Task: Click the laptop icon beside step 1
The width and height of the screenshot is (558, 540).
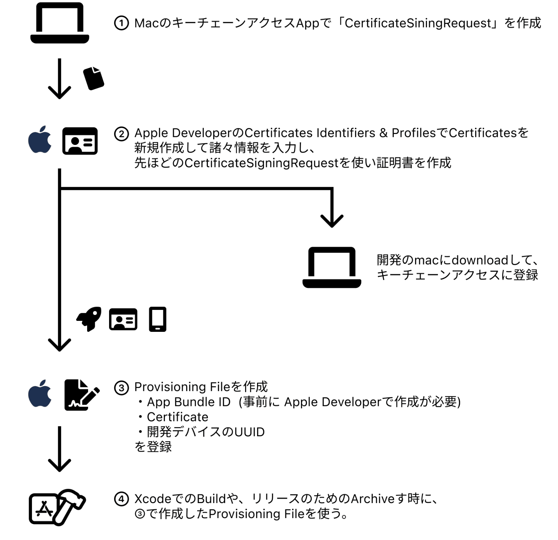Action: tap(60, 23)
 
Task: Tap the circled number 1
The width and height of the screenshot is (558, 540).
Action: tap(121, 23)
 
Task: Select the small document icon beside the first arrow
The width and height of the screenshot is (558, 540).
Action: tap(93, 78)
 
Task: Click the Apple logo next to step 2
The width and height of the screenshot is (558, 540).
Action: tap(40, 140)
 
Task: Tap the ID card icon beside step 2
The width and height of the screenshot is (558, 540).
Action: tap(80, 141)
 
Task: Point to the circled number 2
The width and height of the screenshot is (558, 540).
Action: tap(121, 134)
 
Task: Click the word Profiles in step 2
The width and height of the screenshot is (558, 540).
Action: tap(413, 133)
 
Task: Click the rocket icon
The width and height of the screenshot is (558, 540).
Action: tap(89, 319)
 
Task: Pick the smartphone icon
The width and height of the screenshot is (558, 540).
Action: tap(158, 319)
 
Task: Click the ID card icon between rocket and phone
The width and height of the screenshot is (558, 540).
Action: tap(123, 319)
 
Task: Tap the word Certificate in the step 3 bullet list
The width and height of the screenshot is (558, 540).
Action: tap(178, 417)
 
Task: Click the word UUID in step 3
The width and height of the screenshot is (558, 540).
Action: tap(250, 432)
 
